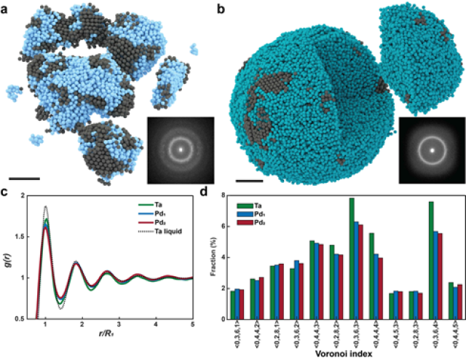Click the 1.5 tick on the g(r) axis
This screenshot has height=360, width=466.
click(x=27, y=237)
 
